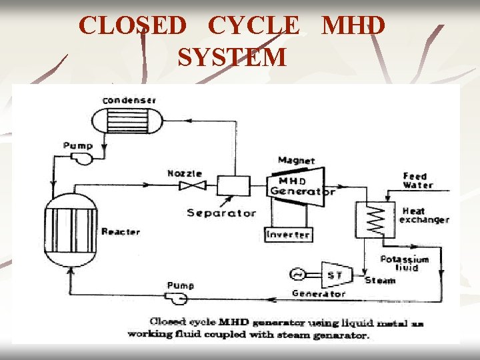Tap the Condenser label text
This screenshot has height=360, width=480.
pos(129,101)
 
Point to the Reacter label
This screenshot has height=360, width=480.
pos(120,232)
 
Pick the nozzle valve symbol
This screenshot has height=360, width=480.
pos(189,186)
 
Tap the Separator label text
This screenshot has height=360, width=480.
pos(221,213)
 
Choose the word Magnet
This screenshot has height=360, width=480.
pos(296,161)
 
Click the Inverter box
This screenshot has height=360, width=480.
pos(287,235)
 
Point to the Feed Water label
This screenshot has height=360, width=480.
pos(418,181)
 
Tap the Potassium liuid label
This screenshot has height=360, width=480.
pos(404,263)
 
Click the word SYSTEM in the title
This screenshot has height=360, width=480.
pos(232,57)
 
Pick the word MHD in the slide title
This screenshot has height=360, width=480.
pos(353,26)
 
